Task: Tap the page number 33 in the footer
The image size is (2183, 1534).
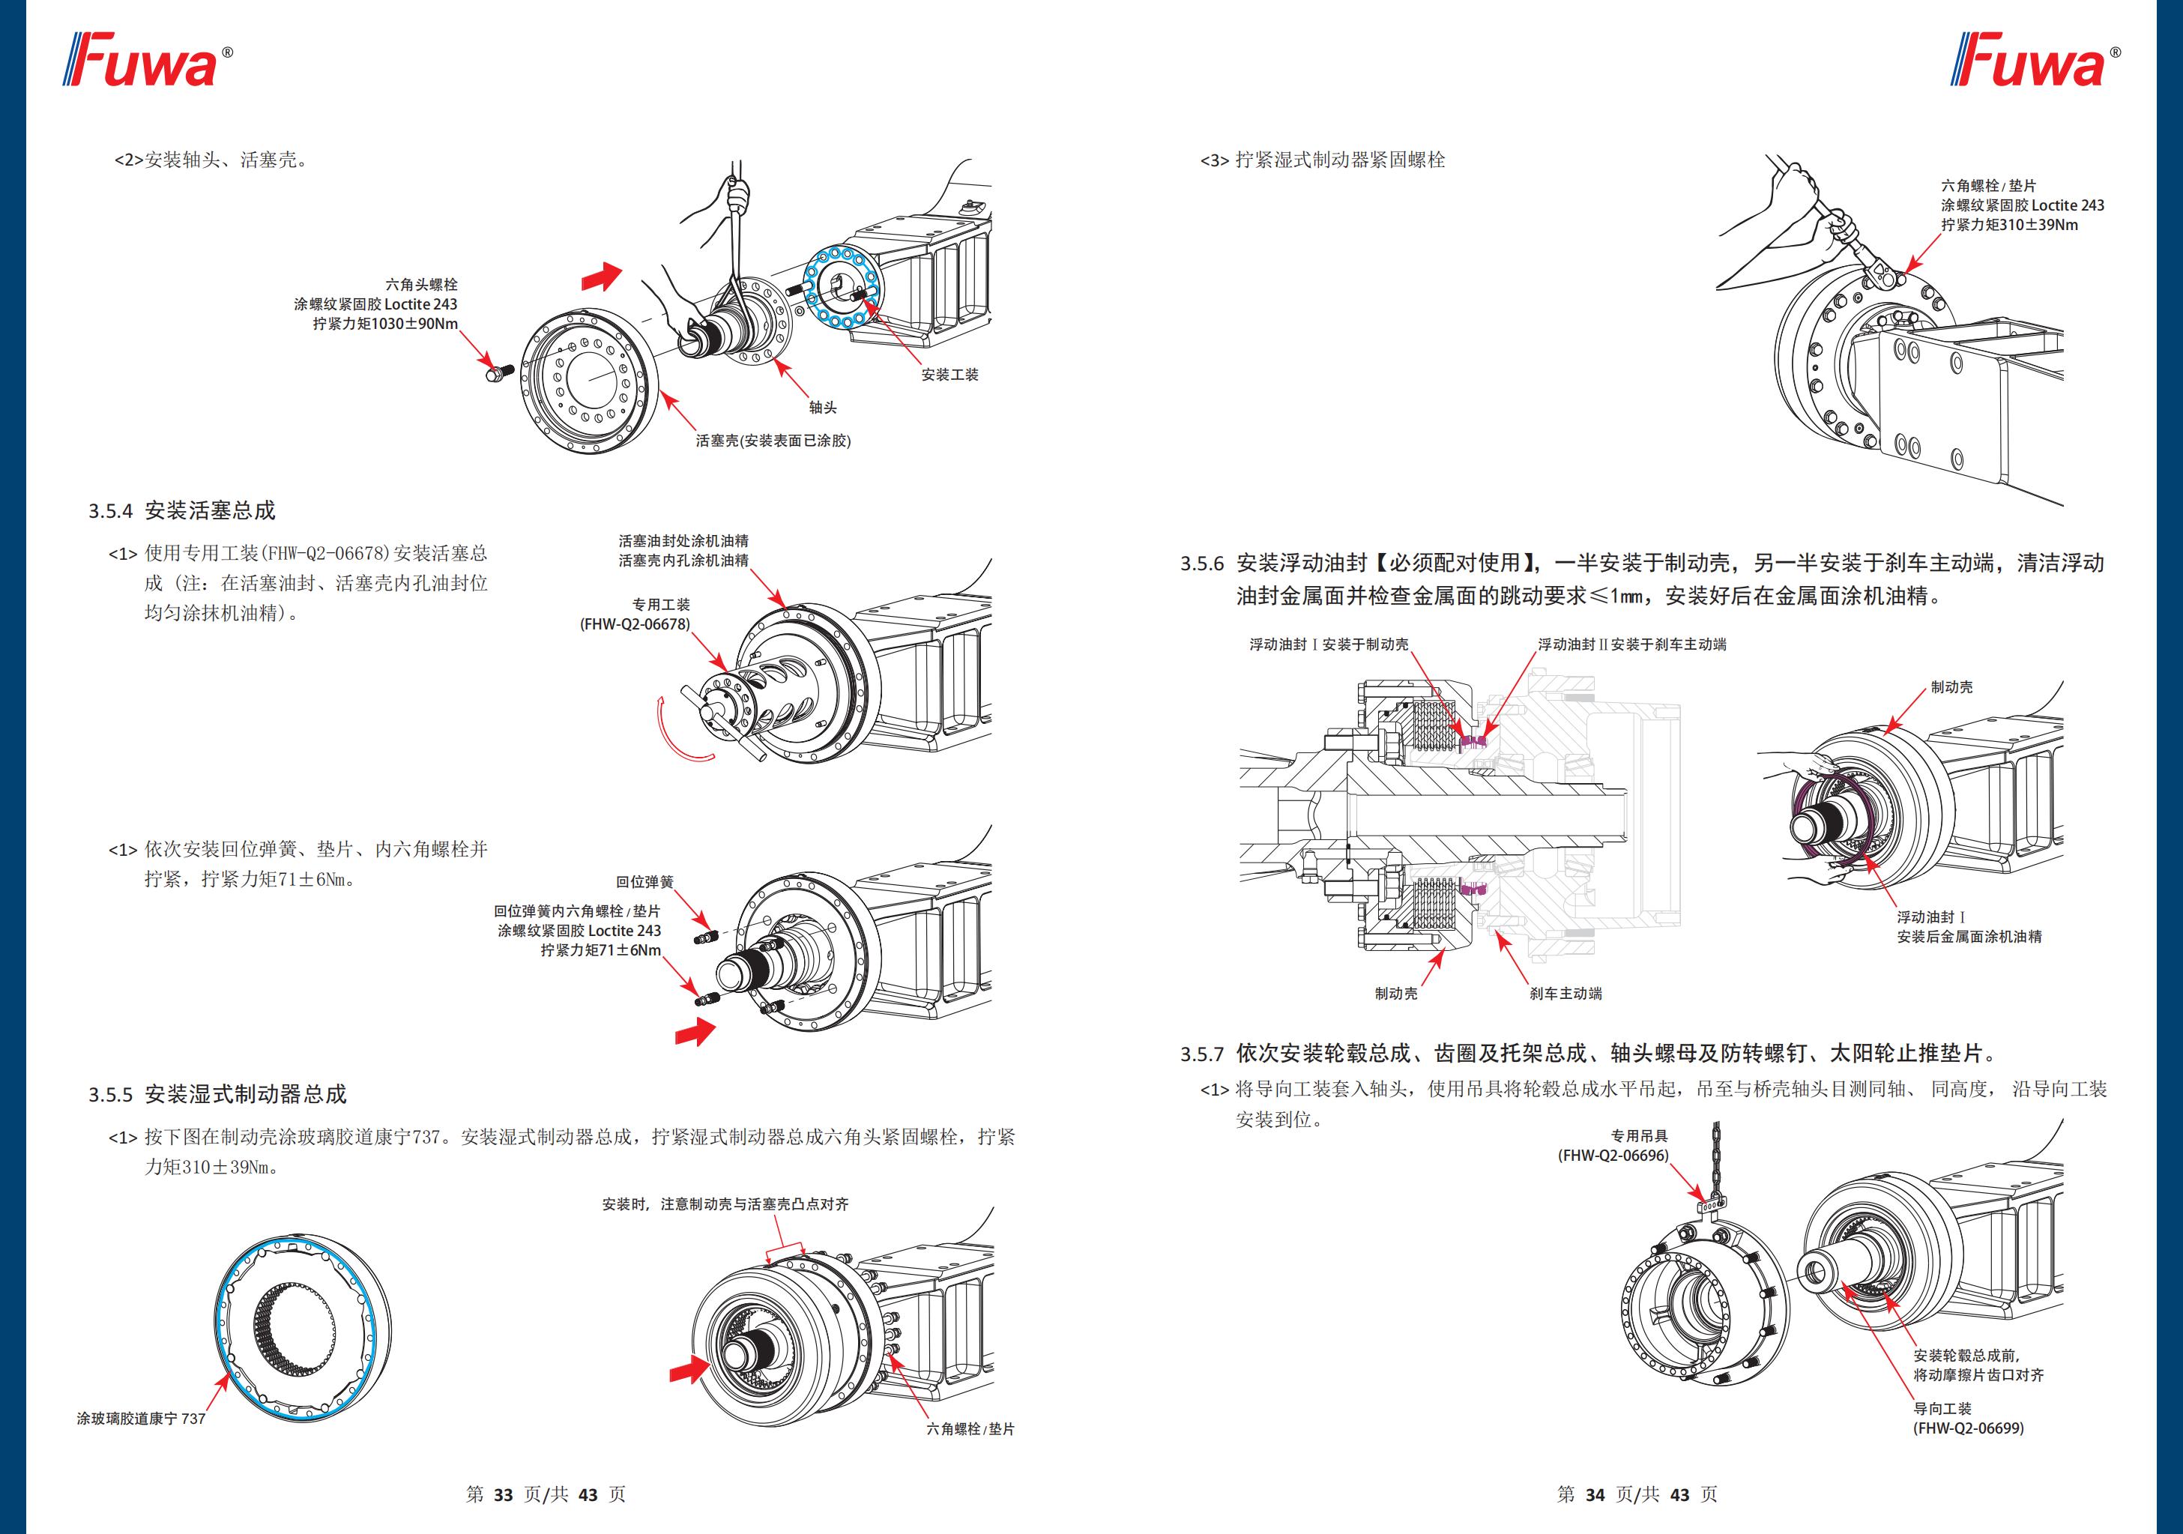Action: tap(503, 1494)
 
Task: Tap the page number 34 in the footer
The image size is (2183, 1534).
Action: tap(1595, 1494)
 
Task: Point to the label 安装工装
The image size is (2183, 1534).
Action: tap(949, 375)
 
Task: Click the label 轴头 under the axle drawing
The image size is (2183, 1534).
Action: tap(822, 408)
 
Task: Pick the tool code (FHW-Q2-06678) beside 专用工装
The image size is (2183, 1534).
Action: tap(635, 625)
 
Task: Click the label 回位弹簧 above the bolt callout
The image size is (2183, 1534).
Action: tap(644, 883)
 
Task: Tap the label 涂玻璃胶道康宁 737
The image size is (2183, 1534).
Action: tap(141, 1419)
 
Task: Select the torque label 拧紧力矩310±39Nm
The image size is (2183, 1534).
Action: tap(2009, 226)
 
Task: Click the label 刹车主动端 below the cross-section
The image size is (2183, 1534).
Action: tap(1565, 994)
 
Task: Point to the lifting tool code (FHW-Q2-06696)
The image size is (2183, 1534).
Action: tap(1613, 1156)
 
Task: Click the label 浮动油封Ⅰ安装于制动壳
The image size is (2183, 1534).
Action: tap(1328, 644)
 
